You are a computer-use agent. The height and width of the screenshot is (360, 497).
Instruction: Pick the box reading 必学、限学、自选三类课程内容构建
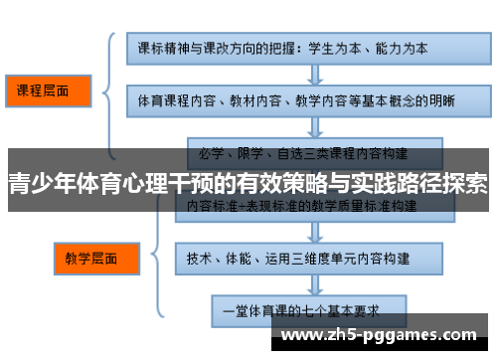302,152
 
